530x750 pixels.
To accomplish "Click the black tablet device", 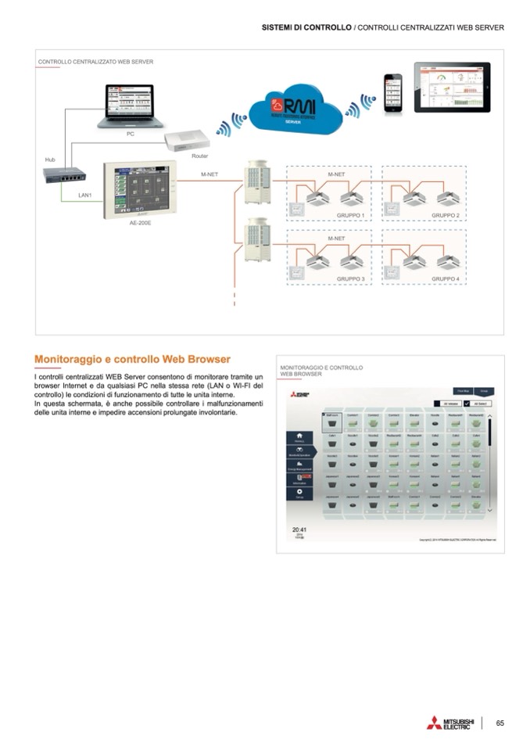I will pos(451,87).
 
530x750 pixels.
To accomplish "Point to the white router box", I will pos(188,141).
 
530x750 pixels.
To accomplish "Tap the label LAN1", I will pos(85,195).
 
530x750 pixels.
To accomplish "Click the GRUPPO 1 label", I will pos(350,215).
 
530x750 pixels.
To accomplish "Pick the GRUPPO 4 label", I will pos(445,278).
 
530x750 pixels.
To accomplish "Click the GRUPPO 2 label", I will pos(445,215).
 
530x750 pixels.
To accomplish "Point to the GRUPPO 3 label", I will pos(350,278).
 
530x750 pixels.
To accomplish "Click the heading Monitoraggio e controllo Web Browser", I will pos(132,360).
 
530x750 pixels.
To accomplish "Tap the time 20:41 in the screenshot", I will pos(299,529).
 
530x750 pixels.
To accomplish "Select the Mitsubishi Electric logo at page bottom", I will pos(450,723).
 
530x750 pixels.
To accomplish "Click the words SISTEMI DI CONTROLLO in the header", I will pos(306,27).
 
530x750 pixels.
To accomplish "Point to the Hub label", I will pos(50,160).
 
